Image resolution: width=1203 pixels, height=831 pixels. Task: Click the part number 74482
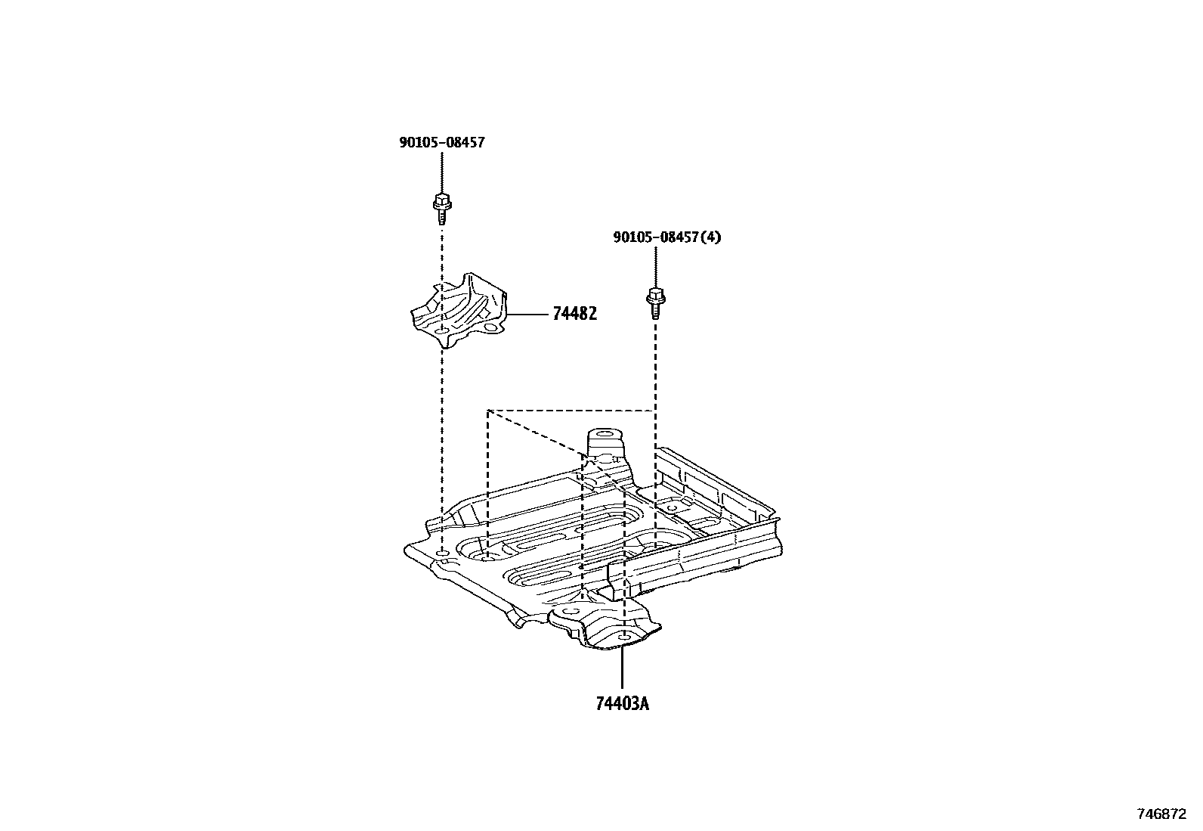[574, 313]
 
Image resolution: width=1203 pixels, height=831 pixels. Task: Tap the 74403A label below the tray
[622, 704]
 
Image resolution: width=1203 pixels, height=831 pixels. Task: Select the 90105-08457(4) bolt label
[666, 237]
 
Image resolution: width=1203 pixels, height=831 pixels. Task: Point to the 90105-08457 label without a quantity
[442, 142]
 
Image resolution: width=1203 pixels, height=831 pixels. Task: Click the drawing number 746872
[1161, 814]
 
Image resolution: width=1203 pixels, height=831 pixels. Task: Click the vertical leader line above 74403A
[622, 669]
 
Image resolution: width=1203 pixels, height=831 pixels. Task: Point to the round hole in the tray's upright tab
[604, 436]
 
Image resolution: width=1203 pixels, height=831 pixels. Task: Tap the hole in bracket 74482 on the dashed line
[441, 331]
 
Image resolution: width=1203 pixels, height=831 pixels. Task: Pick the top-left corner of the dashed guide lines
[488, 411]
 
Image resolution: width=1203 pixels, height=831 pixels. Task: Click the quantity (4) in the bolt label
[711, 237]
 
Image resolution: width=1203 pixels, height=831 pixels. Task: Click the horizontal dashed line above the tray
[571, 411]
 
